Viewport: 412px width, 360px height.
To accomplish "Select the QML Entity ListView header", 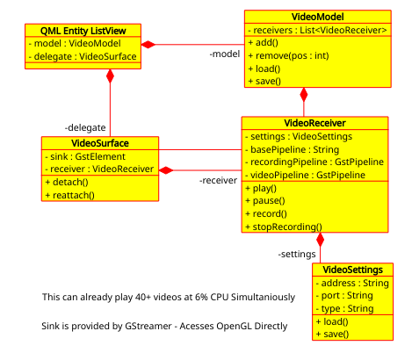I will click(83, 30).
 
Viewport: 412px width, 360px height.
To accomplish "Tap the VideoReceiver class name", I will click(314, 124).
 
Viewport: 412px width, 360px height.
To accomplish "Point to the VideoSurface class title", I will click(99, 143).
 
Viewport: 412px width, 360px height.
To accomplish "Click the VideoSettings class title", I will click(352, 269).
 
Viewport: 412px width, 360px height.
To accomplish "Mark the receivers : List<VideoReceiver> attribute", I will click(317, 29).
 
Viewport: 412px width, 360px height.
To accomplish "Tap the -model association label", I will click(225, 54).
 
